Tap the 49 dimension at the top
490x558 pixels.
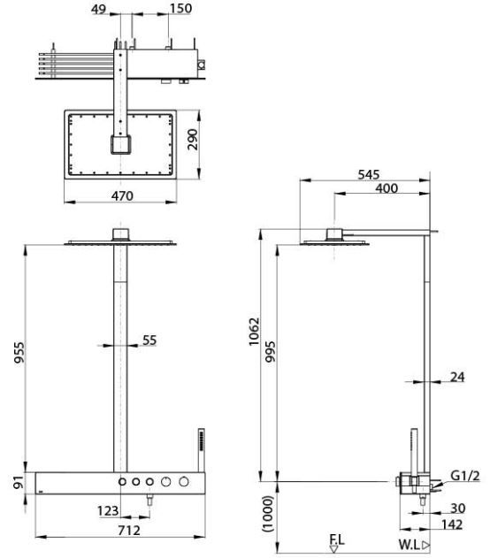tap(99, 10)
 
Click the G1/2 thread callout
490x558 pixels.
tap(466, 477)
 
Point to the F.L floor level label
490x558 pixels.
tap(337, 537)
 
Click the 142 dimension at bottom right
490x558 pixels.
tap(456, 524)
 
